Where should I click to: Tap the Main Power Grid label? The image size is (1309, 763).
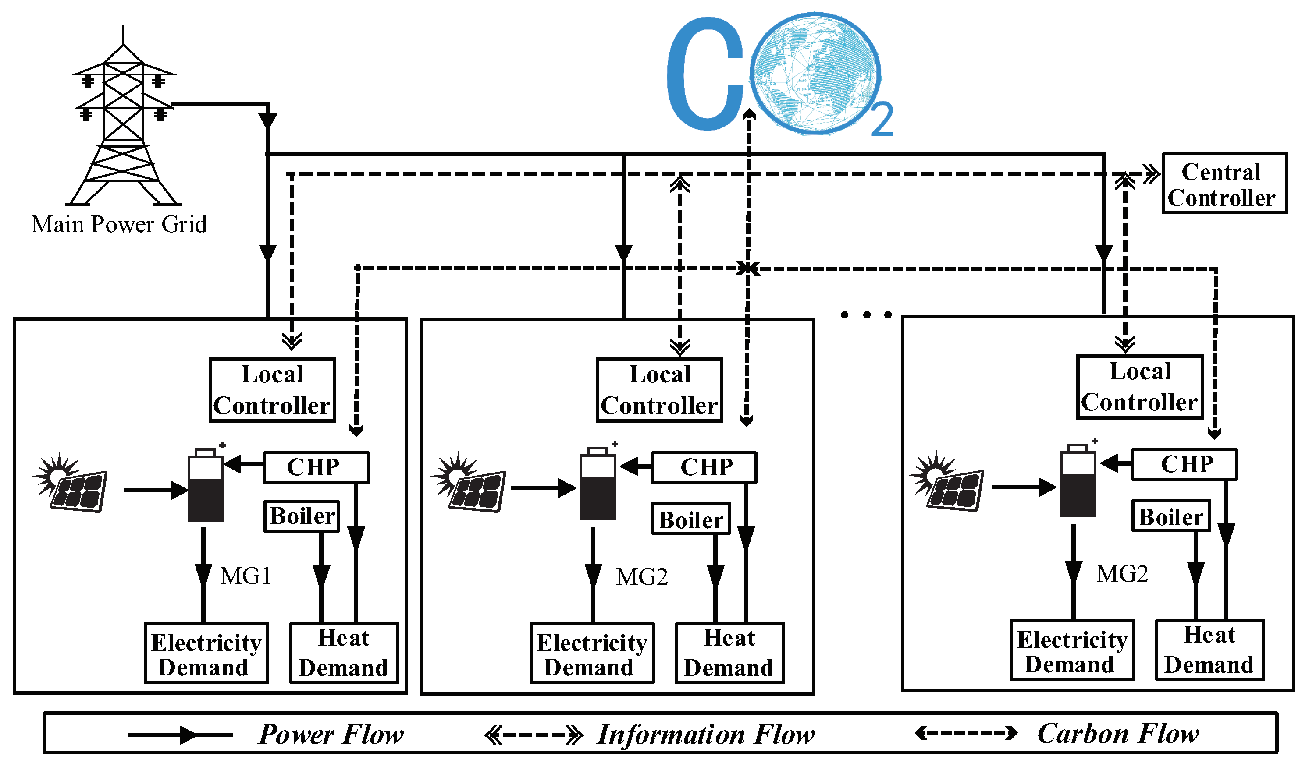[119, 225]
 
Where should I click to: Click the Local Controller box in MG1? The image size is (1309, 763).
[272, 390]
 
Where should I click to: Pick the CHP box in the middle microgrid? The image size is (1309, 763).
[704, 468]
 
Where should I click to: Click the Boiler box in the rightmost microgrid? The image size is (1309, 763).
[1171, 516]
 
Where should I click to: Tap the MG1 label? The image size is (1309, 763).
[245, 576]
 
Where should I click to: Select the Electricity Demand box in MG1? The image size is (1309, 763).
[206, 653]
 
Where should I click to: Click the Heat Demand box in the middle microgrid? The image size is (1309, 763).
[729, 653]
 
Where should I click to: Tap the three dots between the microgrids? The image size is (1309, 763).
[866, 314]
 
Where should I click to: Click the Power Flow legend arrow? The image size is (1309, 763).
[181, 735]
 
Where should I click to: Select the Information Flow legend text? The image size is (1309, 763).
[705, 735]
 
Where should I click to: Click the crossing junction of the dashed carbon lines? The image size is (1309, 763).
[748, 268]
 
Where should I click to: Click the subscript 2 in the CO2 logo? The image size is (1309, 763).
[882, 120]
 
